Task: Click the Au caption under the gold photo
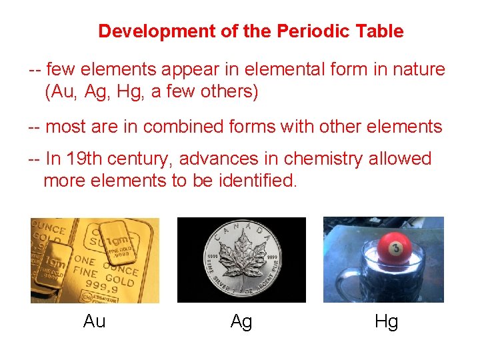(95, 321)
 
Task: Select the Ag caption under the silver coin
(241, 321)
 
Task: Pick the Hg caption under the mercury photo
(387, 321)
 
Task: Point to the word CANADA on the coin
(241, 230)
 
